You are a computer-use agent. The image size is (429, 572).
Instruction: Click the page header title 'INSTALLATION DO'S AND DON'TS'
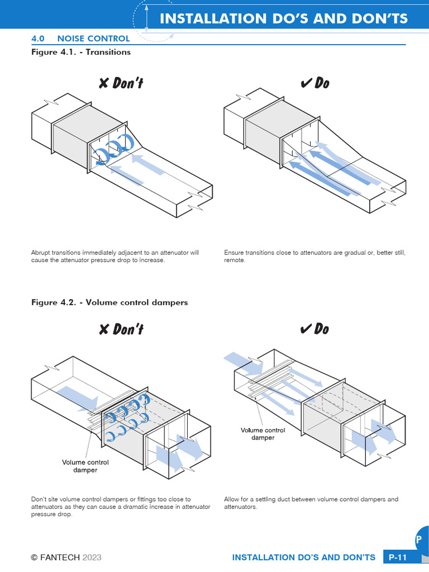click(284, 18)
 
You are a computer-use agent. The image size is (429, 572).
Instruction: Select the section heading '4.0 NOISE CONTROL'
click(80, 39)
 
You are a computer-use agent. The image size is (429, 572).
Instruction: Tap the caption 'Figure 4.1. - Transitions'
click(80, 52)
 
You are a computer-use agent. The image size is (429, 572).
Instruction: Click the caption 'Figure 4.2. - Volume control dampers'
click(109, 302)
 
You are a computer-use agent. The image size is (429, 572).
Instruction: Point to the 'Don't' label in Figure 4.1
click(121, 83)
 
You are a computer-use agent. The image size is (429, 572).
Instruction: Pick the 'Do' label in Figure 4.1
click(314, 83)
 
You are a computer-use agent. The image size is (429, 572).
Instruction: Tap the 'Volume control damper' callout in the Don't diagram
click(85, 466)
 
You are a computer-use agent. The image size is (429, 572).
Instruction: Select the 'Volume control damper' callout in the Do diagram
click(263, 434)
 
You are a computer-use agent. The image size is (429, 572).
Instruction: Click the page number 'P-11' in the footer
click(398, 557)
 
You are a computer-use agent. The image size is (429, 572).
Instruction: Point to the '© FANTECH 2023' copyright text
click(66, 557)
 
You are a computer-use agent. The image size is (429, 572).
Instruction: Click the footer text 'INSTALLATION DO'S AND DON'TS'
click(303, 557)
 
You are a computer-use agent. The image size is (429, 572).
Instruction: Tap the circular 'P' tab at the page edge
click(420, 540)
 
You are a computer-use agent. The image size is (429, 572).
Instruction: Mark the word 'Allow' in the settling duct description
click(232, 499)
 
